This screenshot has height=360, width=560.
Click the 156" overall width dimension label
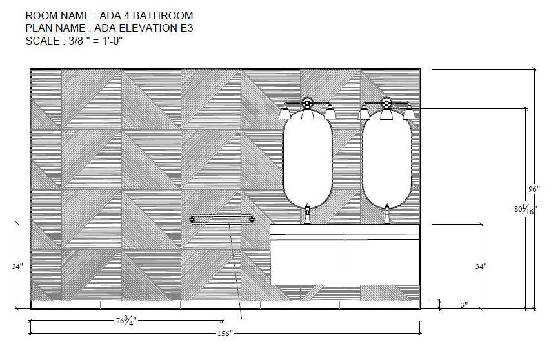click(225, 334)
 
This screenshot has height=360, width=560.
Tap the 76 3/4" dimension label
click(126, 321)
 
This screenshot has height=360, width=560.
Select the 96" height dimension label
click(534, 189)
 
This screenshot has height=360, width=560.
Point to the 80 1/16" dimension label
click(525, 209)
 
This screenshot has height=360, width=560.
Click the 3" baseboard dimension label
click(464, 305)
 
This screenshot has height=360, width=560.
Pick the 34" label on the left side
click(17, 266)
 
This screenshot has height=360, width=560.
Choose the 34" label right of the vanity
click(481, 266)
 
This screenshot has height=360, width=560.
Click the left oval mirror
click(308, 159)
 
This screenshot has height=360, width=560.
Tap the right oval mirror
click(387, 159)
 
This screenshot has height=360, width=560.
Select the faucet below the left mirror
click(307, 214)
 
